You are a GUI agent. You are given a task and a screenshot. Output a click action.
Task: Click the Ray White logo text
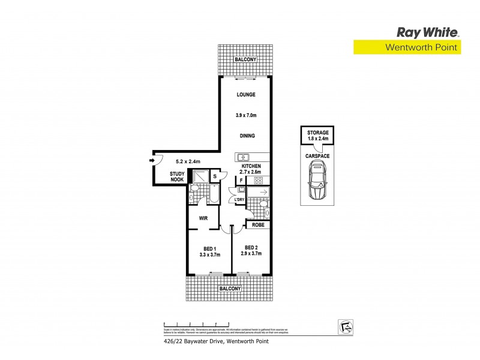427,32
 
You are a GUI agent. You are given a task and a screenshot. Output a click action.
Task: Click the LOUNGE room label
246,95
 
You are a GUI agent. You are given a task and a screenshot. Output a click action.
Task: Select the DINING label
247,136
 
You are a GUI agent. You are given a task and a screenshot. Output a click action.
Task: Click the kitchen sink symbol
243,158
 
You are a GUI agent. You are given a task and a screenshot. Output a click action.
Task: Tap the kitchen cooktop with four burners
259,180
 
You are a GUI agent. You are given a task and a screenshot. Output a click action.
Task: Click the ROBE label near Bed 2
258,225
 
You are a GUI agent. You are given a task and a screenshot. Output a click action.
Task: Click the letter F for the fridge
241,180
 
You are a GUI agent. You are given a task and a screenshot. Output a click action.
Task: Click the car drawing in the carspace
317,182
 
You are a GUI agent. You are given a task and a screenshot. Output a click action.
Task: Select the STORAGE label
317,132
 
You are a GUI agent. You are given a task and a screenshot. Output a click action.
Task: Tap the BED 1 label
210,249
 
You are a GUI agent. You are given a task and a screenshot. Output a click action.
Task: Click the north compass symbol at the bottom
344,326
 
